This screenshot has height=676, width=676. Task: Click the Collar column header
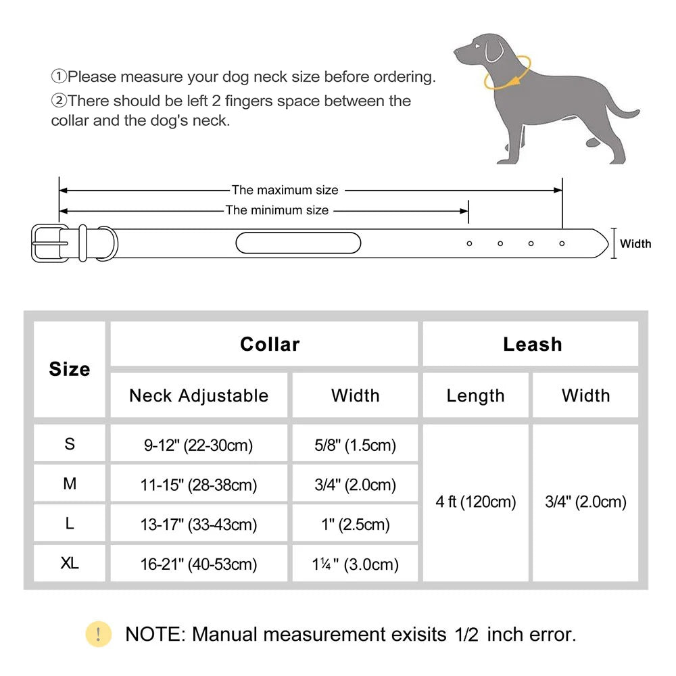270,344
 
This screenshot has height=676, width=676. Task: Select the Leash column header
532,344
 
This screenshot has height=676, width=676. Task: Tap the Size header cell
70,369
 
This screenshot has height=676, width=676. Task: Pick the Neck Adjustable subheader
199,395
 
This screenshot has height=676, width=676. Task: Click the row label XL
70,562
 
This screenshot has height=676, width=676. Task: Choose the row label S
70,444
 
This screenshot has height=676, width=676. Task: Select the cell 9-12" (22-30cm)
199,445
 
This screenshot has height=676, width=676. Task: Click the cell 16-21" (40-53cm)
199,564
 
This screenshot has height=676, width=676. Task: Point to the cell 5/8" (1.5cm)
356,445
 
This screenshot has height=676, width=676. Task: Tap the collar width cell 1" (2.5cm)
356,524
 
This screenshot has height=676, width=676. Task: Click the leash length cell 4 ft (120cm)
476,502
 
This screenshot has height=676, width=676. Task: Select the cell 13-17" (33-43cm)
199,524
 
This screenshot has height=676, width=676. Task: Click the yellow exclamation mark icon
99,634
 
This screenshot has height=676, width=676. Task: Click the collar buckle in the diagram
49,243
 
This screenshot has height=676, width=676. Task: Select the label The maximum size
285,190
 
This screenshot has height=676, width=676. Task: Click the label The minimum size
277,210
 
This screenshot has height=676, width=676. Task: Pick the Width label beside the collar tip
635,243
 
